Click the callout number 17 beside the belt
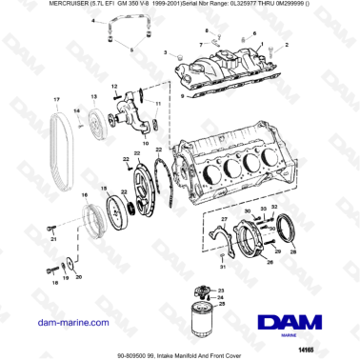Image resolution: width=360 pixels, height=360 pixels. pos(56,100)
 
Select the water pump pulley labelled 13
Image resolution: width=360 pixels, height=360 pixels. pos(96,127)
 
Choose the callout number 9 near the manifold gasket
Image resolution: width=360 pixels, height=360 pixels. pos(183,96)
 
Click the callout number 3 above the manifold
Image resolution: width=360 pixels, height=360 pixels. pos(165,52)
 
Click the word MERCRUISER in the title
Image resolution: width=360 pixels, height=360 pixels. pos(31,7)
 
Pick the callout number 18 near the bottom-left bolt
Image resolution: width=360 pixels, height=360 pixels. pos(55,284)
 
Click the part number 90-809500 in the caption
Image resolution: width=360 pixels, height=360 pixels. pos(107,351)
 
